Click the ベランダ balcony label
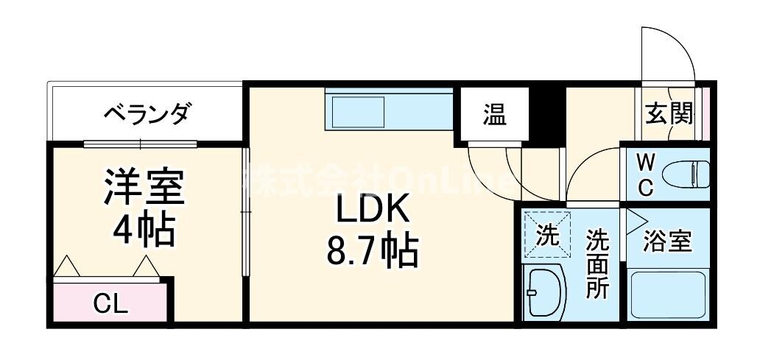pyautogui.click(x=147, y=114)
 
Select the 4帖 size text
pyautogui.click(x=144, y=230)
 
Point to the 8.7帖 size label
pyautogui.click(x=373, y=253)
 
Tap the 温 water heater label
pyautogui.click(x=494, y=115)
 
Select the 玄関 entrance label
pyautogui.click(x=669, y=114)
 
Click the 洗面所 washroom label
pyautogui.click(x=597, y=264)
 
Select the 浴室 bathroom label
pyautogui.click(x=667, y=242)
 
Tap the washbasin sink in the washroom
pyautogui.click(x=544, y=292)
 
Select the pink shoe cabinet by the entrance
pyautogui.click(x=705, y=113)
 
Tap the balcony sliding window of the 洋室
pyautogui.click(x=140, y=143)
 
